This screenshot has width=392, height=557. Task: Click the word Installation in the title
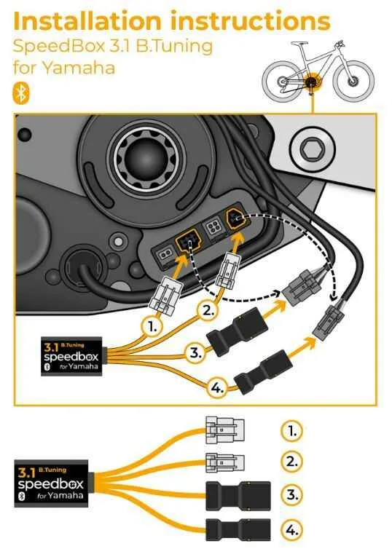pos(87,21)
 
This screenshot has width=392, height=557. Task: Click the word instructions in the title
pos(251,21)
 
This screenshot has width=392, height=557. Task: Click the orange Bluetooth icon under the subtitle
pos(21,93)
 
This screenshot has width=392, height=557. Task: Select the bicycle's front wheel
pos(354,81)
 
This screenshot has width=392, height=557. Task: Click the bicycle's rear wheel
pos(282,81)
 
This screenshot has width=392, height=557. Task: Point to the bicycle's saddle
pos(299,43)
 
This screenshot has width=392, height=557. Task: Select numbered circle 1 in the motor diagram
pos(153,326)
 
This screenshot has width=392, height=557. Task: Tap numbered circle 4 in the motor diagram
pos(217,387)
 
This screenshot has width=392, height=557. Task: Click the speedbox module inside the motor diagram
pos(71,356)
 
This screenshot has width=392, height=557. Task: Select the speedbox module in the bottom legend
pos(51,483)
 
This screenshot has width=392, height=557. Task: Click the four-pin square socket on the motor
pos(213,225)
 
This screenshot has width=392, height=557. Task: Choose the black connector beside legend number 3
pos(238,496)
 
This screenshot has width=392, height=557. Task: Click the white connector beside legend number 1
pos(225,430)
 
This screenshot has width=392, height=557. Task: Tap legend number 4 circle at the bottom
pos(292,530)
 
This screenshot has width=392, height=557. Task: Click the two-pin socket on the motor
pos(164,254)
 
